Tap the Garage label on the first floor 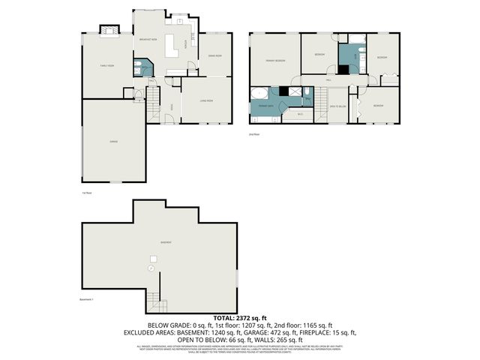pyautogui.click(x=114, y=141)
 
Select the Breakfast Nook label pyautogui.click(x=147, y=39)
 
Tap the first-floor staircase pyautogui.click(x=153, y=97)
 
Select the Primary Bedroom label pyautogui.click(x=274, y=60)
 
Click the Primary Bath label pyautogui.click(x=265, y=106)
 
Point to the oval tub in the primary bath pyautogui.click(x=259, y=94)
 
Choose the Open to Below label pyautogui.click(x=337, y=106)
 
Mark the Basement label pyautogui.click(x=166, y=242)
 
